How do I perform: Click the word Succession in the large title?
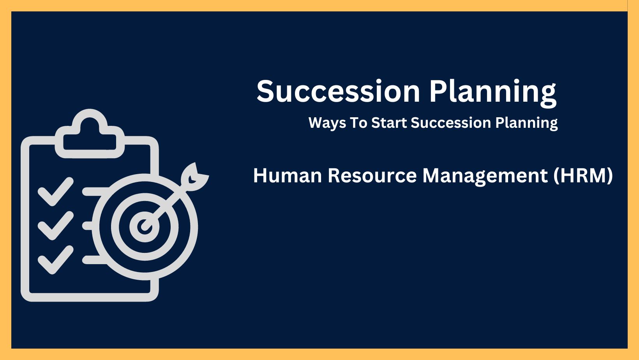(x=338, y=91)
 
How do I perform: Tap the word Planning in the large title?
(x=493, y=93)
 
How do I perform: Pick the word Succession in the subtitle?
(x=451, y=123)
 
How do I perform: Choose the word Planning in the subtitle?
(x=527, y=124)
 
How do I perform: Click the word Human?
(x=288, y=175)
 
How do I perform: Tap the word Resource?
(x=372, y=175)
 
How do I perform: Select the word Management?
(x=485, y=176)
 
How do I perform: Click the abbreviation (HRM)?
(x=583, y=176)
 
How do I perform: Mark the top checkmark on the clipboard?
(x=56, y=191)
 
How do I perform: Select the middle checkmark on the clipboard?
(x=56, y=225)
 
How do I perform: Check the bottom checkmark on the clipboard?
(x=56, y=259)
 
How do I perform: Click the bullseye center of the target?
(x=145, y=227)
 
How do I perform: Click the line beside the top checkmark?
(x=95, y=192)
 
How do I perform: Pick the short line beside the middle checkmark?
(x=87, y=226)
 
